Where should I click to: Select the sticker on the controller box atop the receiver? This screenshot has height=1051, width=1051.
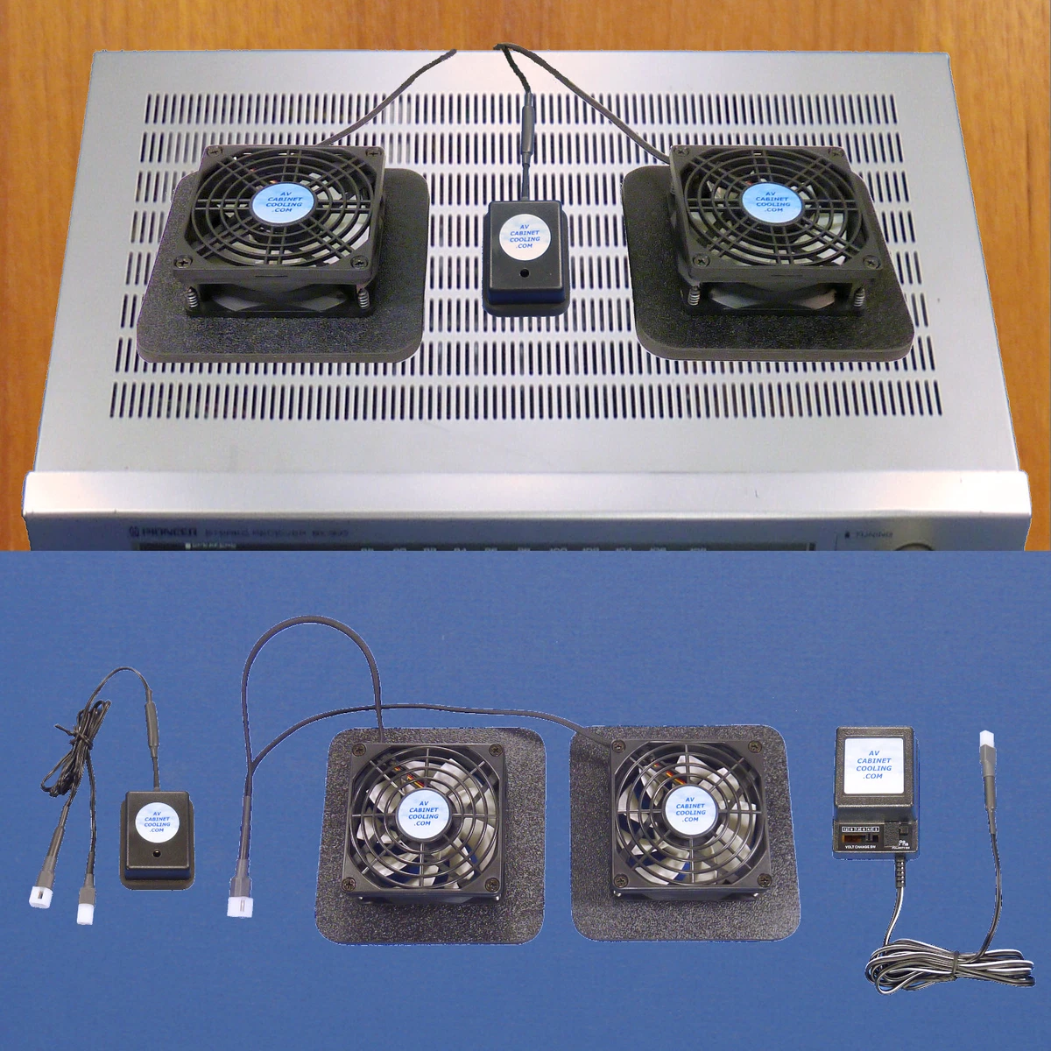(525, 235)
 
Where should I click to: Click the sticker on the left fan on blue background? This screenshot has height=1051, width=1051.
(423, 812)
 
